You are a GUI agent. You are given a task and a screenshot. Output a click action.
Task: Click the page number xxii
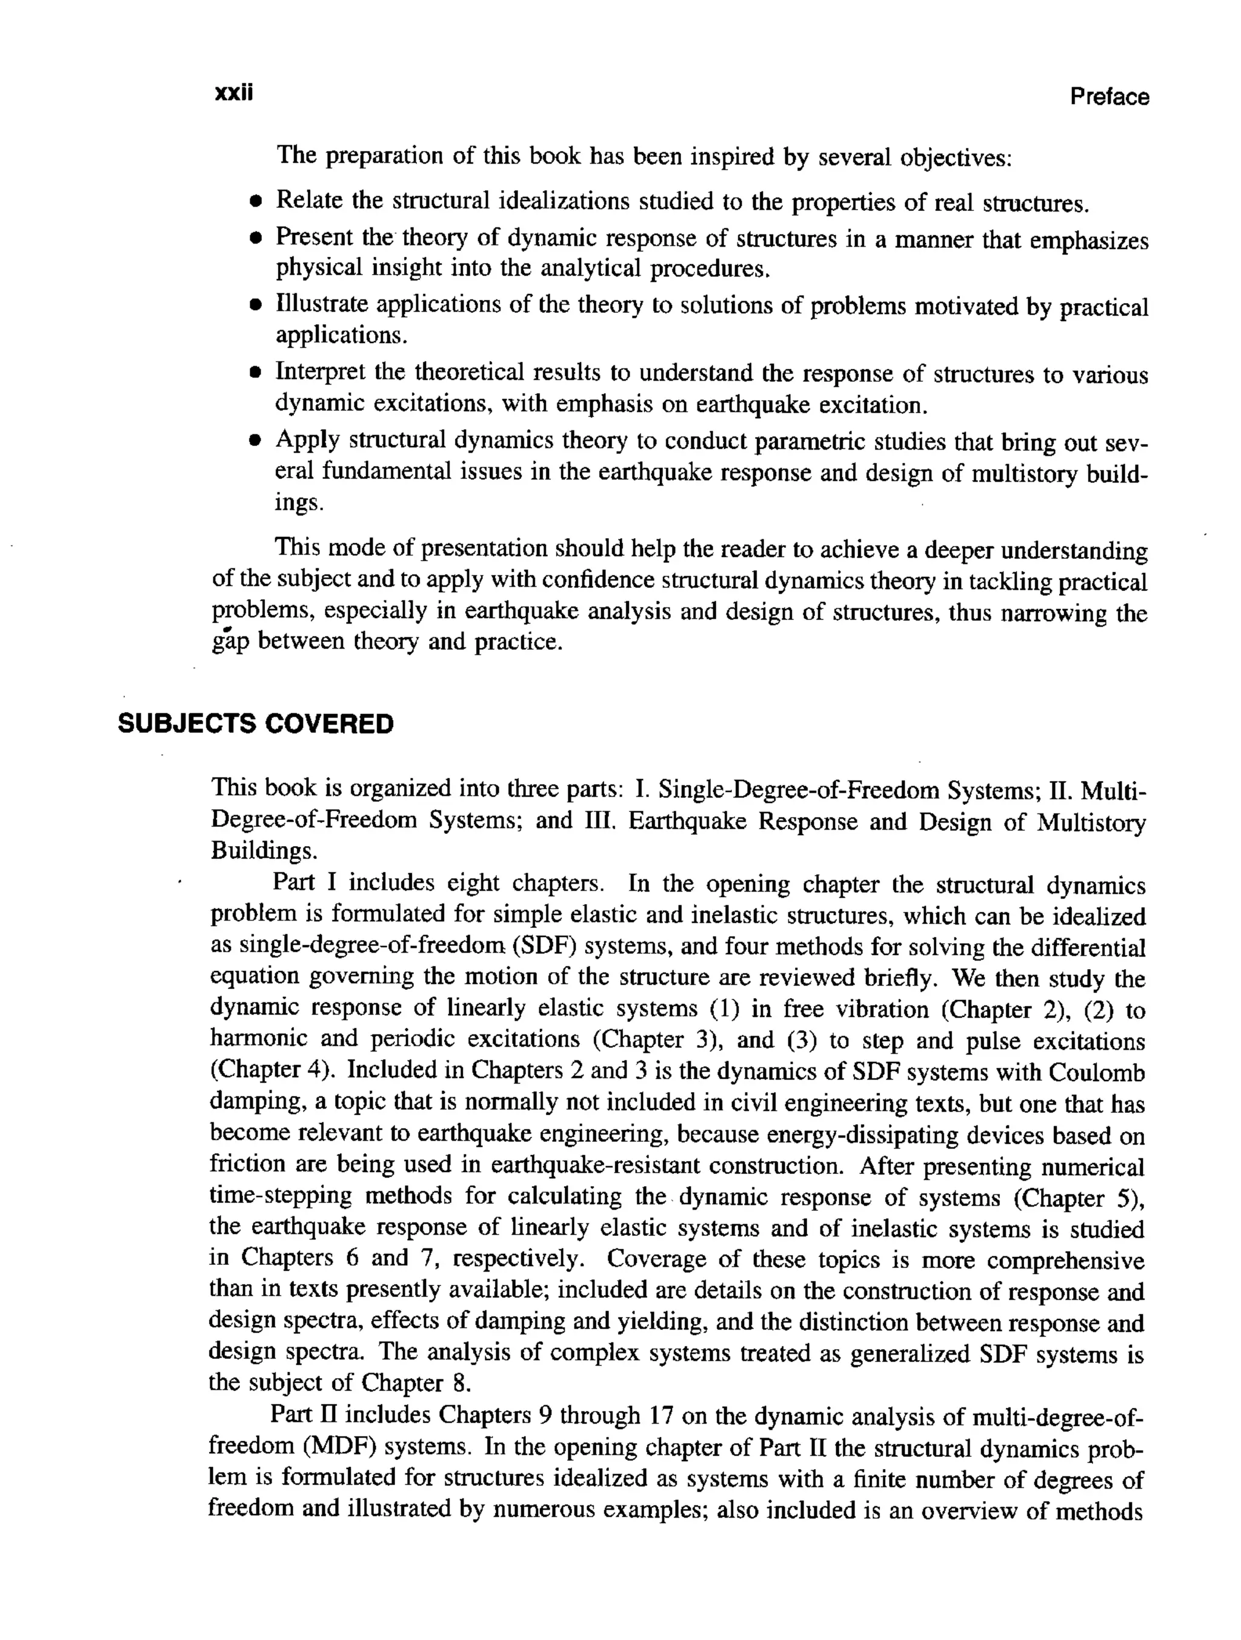click(x=233, y=94)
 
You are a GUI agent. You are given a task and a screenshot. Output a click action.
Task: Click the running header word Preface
click(x=1109, y=97)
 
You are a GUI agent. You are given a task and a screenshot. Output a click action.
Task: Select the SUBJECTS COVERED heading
click(x=256, y=724)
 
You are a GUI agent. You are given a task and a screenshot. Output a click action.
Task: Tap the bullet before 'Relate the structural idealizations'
click(x=256, y=202)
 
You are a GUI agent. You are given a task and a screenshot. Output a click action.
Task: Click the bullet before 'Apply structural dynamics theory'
click(x=256, y=442)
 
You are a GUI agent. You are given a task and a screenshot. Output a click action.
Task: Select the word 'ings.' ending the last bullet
click(x=299, y=504)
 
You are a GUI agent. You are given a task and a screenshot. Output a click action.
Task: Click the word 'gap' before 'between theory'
click(x=230, y=642)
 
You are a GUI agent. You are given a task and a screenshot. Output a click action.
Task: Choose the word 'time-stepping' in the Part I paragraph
click(x=278, y=1196)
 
